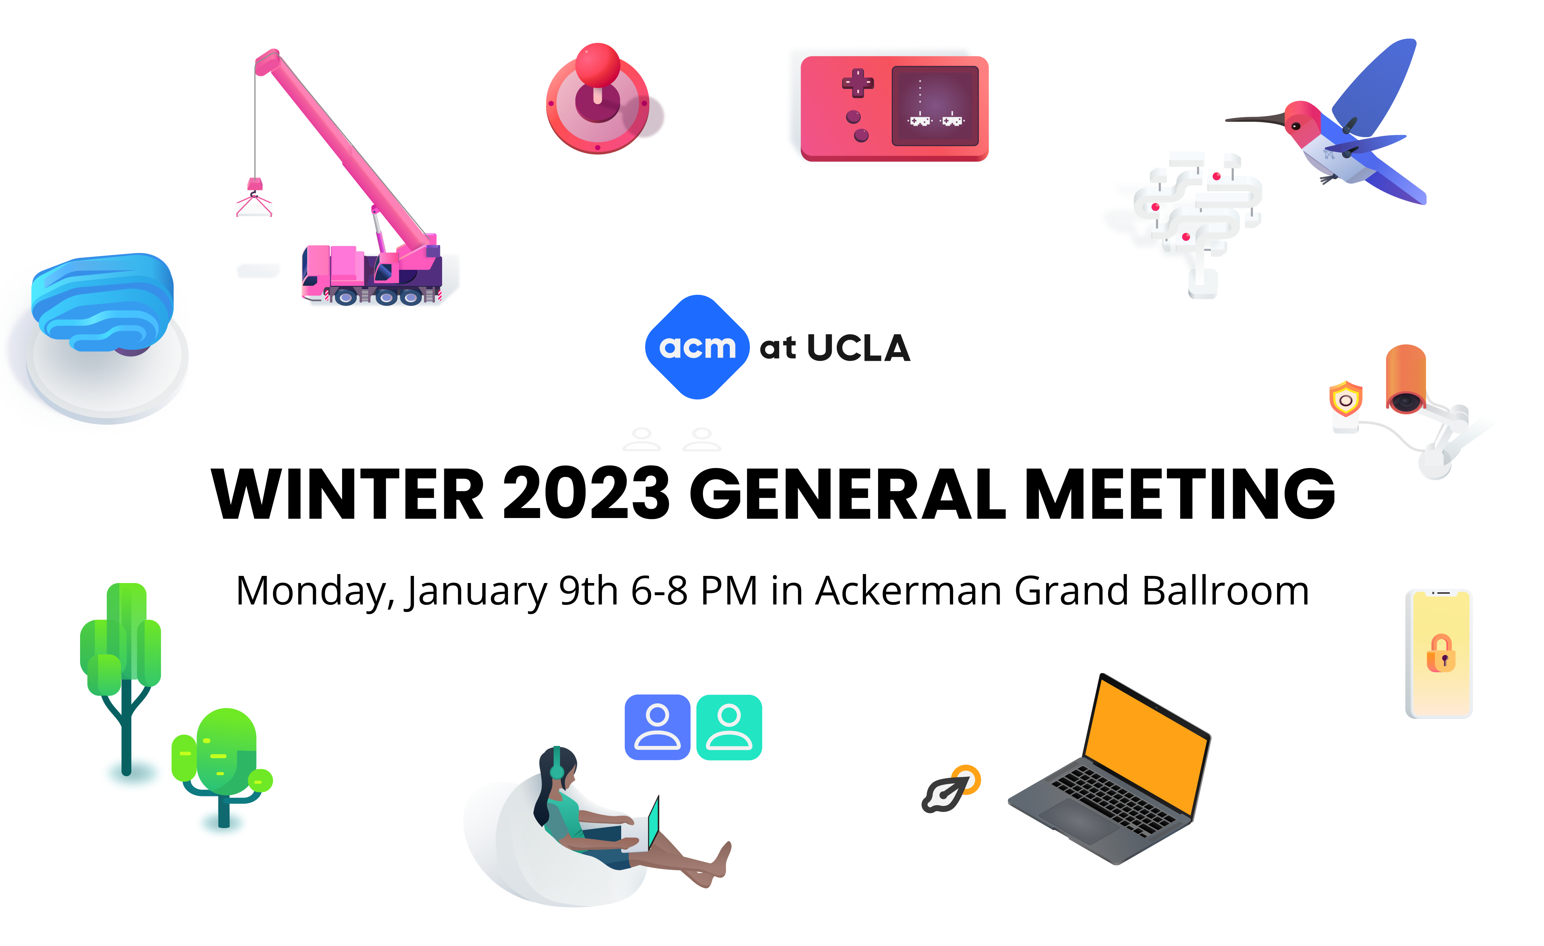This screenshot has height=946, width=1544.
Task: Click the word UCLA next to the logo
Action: click(858, 348)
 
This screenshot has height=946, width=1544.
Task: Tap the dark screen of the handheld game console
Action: click(935, 106)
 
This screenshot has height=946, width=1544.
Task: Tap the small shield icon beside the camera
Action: click(1345, 398)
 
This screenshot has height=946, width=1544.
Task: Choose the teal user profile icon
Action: click(729, 727)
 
